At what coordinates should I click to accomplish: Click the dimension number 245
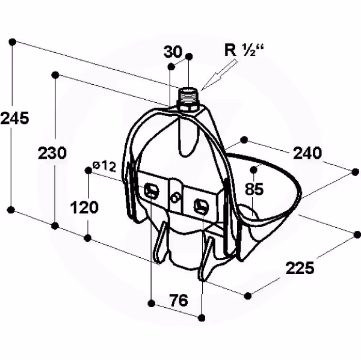(14, 118)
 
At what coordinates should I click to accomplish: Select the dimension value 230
(52, 153)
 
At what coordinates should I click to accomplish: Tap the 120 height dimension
(84, 207)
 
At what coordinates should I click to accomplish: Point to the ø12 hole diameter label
(104, 166)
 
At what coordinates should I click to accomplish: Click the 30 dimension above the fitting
(173, 52)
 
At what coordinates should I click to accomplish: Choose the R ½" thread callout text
(244, 50)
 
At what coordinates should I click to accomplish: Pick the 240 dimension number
(307, 153)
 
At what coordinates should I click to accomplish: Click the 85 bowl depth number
(254, 189)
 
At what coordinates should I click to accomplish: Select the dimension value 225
(300, 268)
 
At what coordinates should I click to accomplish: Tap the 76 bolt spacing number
(179, 301)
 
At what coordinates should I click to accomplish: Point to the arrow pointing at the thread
(219, 75)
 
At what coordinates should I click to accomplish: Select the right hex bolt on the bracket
(201, 205)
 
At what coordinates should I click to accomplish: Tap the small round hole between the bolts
(176, 198)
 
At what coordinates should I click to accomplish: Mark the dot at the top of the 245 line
(13, 42)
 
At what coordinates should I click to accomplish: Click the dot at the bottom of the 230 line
(55, 226)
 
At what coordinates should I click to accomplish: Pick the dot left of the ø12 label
(88, 171)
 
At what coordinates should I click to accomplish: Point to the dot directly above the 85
(253, 169)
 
